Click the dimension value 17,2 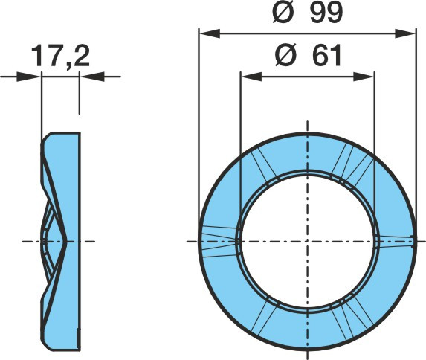[x=60, y=57]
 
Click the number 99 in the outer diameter [x=326, y=12]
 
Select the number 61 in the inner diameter [x=326, y=56]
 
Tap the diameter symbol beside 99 [x=283, y=12]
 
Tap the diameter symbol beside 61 [x=285, y=56]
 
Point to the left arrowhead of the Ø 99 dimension [x=210, y=33]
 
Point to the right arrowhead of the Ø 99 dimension [x=405, y=33]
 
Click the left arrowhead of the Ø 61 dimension [x=251, y=77]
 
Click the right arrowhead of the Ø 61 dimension [x=364, y=77]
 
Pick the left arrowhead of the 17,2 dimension [x=29, y=77]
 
